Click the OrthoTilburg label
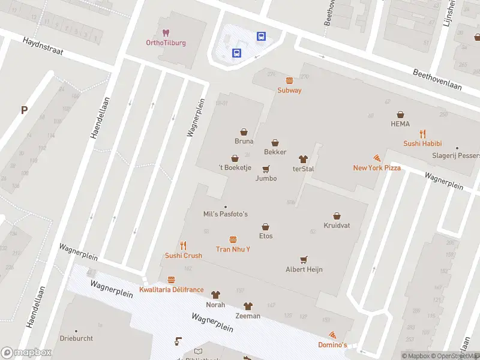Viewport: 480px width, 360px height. click(166, 43)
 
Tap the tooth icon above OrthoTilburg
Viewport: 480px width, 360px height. click(166, 33)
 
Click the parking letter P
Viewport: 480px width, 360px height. click(25, 110)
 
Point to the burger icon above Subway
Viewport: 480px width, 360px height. click(289, 80)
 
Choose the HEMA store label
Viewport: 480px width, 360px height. click(400, 124)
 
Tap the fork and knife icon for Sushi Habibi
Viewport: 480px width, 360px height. click(422, 134)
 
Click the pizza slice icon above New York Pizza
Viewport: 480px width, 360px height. click(377, 158)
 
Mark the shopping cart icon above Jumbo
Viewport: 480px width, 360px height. click(266, 169)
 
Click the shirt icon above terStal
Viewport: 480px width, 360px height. click(303, 159)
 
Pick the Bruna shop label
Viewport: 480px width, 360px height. click(244, 142)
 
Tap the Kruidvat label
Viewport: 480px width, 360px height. click(337, 225)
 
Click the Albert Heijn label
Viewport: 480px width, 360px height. click(304, 269)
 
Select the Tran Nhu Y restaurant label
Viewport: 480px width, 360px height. click(233, 249)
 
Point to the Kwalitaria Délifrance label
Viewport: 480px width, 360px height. click(171, 290)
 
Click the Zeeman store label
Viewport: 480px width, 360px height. click(248, 316)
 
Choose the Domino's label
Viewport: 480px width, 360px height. click(332, 345)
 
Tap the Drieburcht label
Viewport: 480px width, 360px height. click(76, 338)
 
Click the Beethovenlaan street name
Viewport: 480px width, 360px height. click(437, 79)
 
